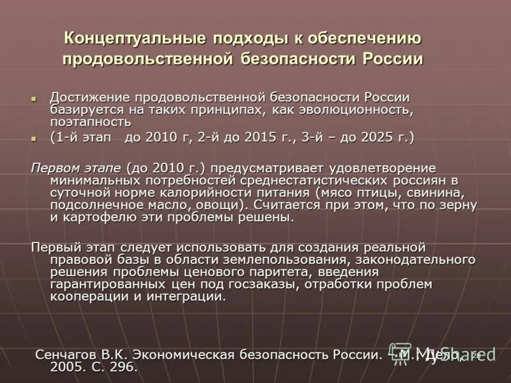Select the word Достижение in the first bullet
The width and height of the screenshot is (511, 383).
pos(88,97)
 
